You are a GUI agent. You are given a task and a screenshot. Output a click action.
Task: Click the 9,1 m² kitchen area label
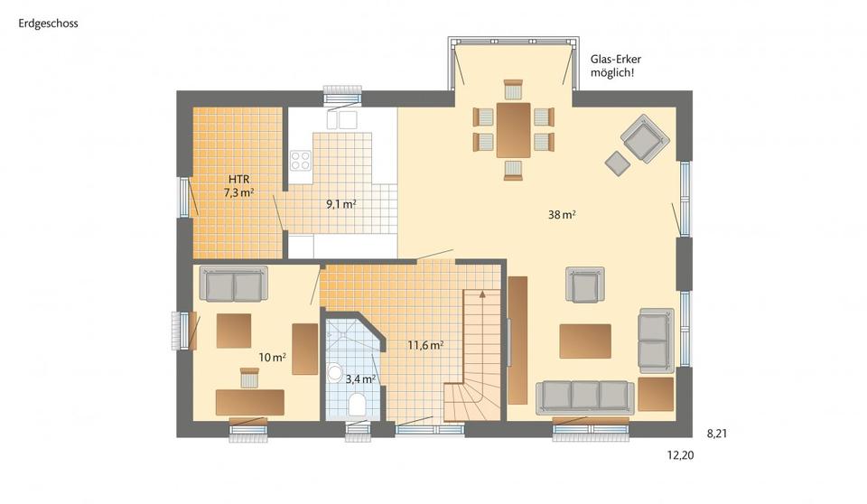click(340, 204)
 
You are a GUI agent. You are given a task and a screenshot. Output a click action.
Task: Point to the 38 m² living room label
click(562, 215)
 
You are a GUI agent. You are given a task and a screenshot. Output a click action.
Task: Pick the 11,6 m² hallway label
click(424, 345)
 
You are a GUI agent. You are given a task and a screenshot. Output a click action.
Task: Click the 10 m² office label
click(272, 358)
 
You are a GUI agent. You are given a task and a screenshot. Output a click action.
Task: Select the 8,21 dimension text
click(717, 434)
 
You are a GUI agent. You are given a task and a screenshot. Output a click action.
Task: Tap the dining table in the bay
click(513, 130)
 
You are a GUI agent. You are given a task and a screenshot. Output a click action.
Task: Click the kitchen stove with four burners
click(300, 161)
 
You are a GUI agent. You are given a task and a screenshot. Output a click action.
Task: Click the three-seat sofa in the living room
click(584, 396)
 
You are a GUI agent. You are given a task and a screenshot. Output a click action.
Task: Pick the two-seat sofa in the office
click(233, 285)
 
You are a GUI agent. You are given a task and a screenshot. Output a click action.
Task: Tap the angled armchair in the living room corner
click(644, 138)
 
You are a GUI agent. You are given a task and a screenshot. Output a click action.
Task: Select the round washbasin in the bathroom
click(334, 371)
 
